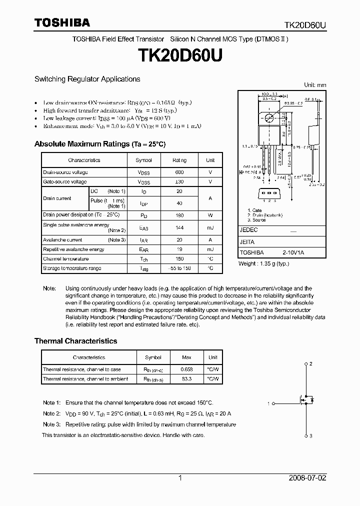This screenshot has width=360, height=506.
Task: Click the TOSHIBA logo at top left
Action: [62, 22]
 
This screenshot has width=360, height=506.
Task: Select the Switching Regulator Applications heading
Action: [87, 79]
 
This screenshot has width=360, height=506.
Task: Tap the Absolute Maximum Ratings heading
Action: [99, 144]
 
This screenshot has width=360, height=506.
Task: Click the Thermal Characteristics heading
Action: [75, 341]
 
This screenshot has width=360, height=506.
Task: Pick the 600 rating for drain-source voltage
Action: [179, 172]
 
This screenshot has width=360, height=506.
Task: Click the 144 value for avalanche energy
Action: [179, 228]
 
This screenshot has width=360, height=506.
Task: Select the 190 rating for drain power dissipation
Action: [179, 215]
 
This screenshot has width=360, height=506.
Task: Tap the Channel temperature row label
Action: [65, 259]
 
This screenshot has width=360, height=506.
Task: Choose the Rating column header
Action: [179, 160]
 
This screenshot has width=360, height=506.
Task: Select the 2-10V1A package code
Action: [293, 253]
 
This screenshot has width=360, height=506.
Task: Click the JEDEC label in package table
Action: [249, 230]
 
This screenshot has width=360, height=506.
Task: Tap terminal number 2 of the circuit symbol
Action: [311, 363]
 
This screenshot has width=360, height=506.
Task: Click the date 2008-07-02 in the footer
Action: [307, 478]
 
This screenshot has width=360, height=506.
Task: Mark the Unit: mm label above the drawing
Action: [315, 85]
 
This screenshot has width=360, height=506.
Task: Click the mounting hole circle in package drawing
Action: [269, 118]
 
